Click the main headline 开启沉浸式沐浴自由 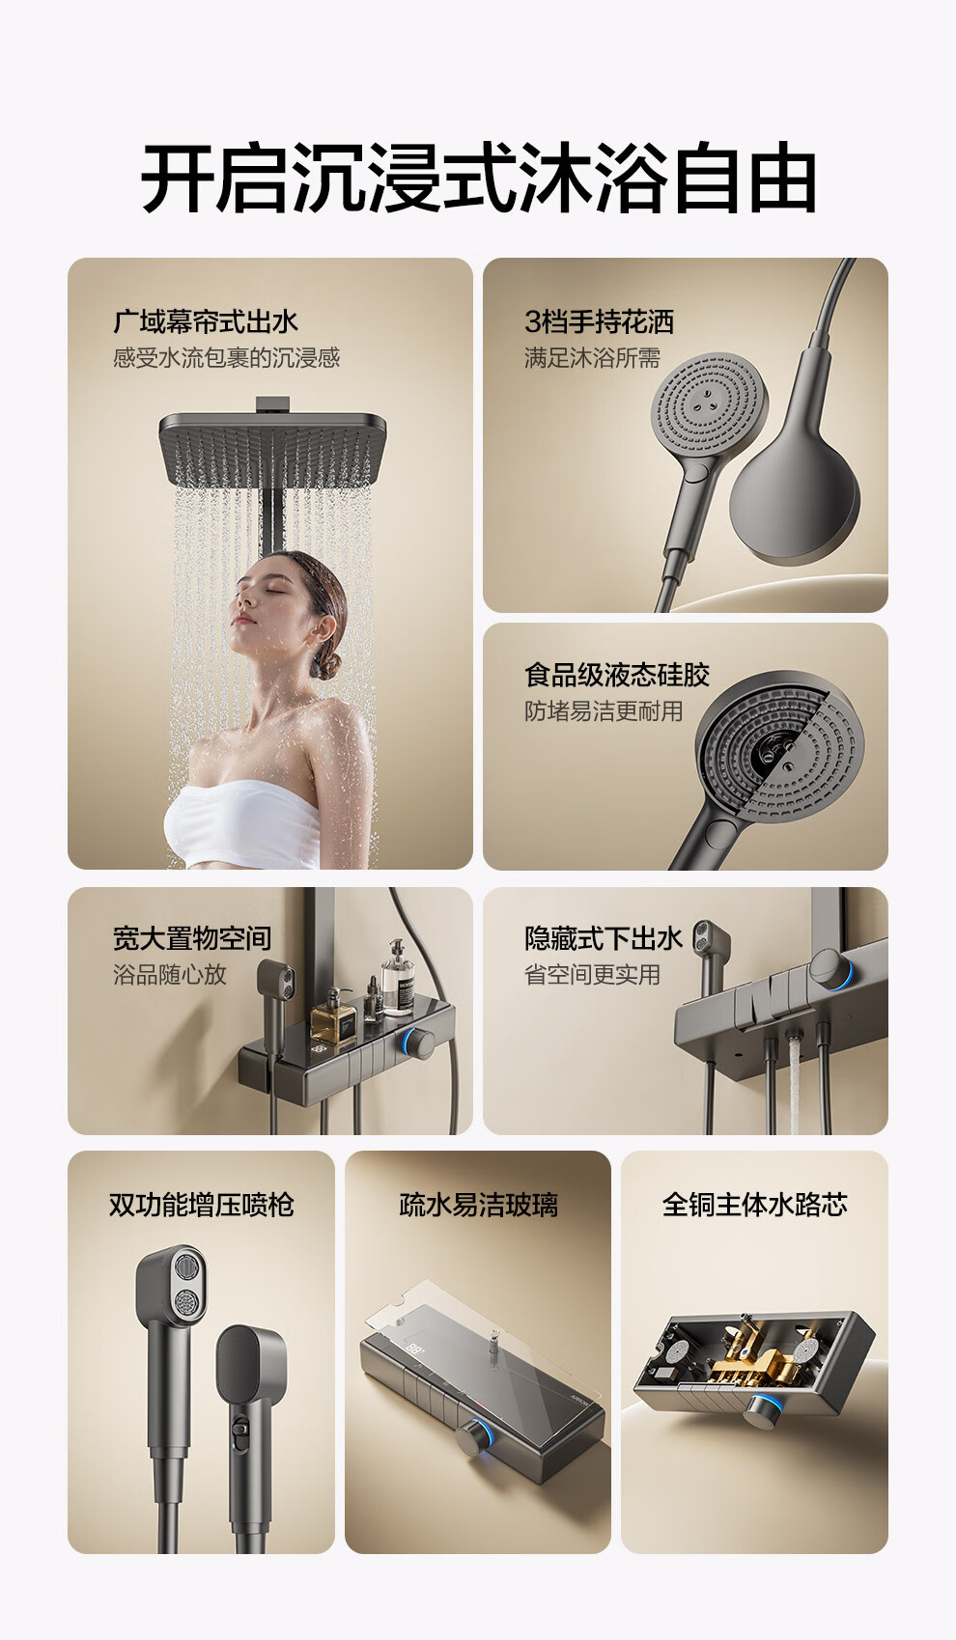pos(478,178)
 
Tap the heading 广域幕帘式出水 pos(206,321)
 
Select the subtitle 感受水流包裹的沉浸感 pos(226,357)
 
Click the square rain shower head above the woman pos(272,448)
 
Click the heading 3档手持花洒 pos(599,321)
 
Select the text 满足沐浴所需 pos(592,357)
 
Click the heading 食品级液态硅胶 pos(617,675)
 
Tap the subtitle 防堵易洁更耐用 pos(604,710)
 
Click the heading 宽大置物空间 pos(192,938)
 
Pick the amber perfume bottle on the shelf pos(333,1015)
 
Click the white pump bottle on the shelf pos(398,979)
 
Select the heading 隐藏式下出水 pos(603,938)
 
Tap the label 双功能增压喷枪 pos(202,1205)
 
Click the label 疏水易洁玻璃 pos(478,1205)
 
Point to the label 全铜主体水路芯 pos(754,1205)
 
